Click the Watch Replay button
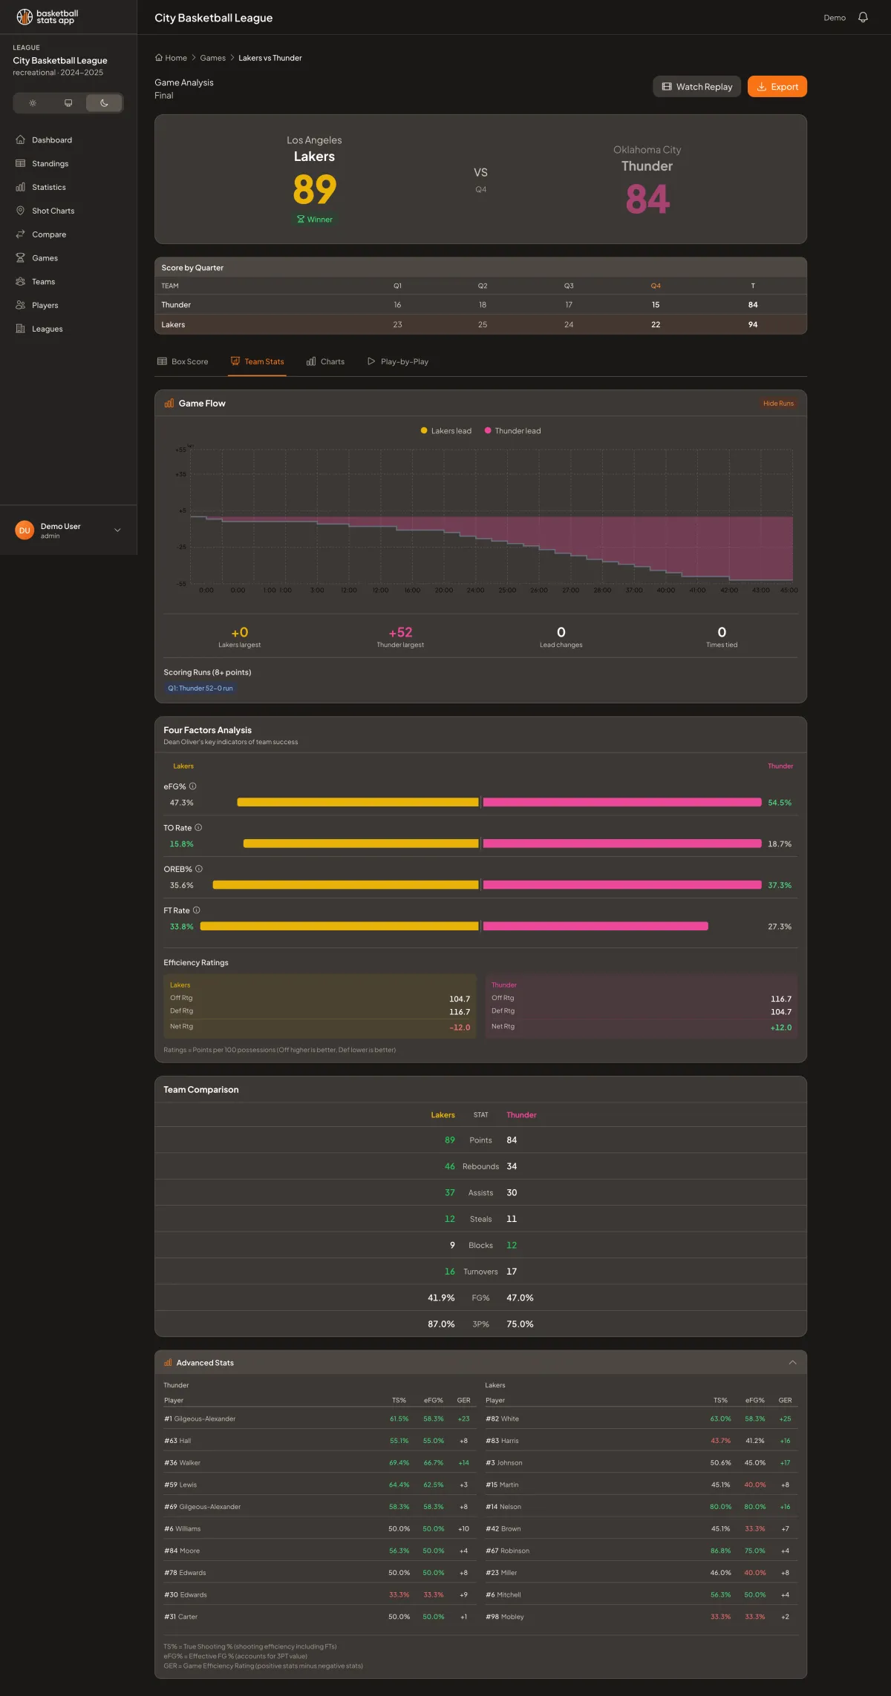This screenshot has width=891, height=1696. click(x=696, y=87)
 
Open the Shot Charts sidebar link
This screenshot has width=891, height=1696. click(x=53, y=211)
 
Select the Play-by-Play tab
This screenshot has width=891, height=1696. click(x=398, y=362)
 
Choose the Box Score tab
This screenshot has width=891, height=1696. click(x=183, y=362)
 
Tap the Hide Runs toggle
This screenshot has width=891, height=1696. click(x=778, y=404)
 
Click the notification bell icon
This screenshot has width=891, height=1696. click(x=863, y=17)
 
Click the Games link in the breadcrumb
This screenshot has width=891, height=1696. click(x=212, y=58)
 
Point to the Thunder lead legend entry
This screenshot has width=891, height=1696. click(x=513, y=431)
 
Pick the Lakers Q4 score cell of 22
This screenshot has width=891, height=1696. click(x=656, y=325)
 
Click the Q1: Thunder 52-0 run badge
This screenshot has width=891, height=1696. click(x=200, y=688)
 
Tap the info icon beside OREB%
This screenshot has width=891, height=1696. click(x=199, y=869)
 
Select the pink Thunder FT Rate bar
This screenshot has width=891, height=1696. click(x=595, y=926)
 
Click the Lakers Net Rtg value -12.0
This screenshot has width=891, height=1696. click(x=460, y=1028)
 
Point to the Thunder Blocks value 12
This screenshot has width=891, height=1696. click(x=512, y=1245)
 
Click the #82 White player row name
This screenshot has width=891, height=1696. click(x=503, y=1419)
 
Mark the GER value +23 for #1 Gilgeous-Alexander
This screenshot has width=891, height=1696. click(x=463, y=1419)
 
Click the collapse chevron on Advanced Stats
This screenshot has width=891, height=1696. click(x=792, y=1362)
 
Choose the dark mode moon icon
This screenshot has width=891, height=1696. click(x=104, y=103)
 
